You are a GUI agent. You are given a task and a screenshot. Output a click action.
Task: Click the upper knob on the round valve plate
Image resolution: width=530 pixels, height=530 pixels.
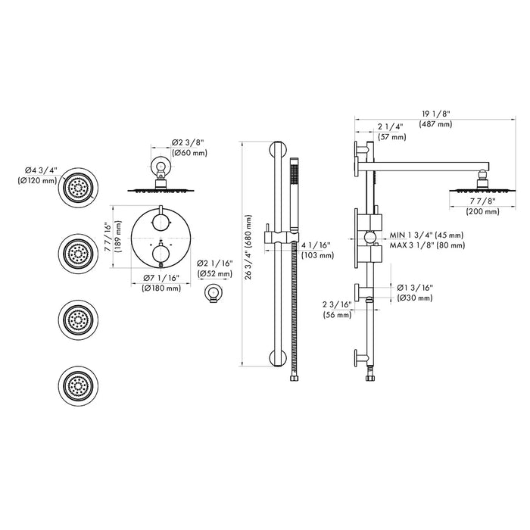(x=161, y=222)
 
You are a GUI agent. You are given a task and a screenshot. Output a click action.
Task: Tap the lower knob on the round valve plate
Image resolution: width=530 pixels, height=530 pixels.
(x=161, y=257)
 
